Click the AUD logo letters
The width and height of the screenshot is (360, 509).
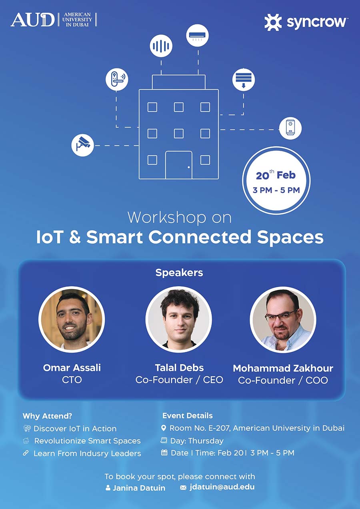[32, 20]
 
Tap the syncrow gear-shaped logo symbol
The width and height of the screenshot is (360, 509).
[273, 22]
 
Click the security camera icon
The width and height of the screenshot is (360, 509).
[82, 145]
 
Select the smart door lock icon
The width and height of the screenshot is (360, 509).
[117, 79]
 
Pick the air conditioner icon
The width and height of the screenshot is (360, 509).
[197, 35]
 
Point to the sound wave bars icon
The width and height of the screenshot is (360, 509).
[161, 46]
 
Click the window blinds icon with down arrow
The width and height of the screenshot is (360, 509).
[244, 80]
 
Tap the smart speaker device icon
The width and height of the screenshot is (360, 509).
[290, 128]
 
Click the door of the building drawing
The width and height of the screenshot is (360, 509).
[179, 165]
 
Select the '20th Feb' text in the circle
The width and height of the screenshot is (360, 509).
[276, 176]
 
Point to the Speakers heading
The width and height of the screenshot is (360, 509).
[179, 273]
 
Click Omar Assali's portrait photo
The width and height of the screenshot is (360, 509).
[72, 319]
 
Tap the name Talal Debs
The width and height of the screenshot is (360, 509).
[179, 368]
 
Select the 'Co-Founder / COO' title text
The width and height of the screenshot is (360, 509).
[283, 380]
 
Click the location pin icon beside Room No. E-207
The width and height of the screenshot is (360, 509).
[164, 428]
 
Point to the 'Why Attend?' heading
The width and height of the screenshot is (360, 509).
[47, 416]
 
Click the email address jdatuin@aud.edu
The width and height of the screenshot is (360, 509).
[222, 487]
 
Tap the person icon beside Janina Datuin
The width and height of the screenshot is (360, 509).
[108, 488]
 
